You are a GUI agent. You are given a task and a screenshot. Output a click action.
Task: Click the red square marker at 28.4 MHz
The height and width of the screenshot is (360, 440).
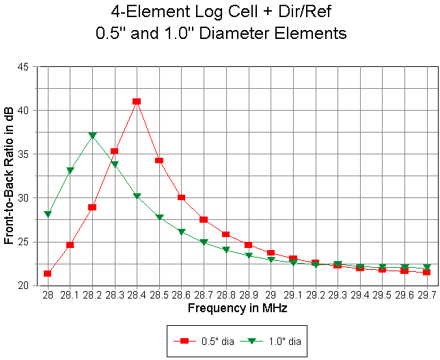tap(137, 101)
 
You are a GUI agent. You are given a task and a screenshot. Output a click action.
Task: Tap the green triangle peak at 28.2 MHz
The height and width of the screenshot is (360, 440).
tap(92, 136)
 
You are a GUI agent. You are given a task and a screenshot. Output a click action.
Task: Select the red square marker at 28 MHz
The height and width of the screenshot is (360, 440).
tap(47, 273)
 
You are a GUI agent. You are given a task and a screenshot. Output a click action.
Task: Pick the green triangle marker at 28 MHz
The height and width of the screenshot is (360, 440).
tap(47, 214)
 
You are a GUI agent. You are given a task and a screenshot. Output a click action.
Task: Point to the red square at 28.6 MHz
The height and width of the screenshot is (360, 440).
tap(182, 197)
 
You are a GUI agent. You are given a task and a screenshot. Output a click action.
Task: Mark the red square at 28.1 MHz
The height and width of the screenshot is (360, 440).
tap(70, 245)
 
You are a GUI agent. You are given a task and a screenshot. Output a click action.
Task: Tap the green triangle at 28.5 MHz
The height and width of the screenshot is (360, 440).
tap(159, 217)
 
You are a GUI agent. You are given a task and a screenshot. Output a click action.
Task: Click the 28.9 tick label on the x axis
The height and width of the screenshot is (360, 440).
tap(249, 295)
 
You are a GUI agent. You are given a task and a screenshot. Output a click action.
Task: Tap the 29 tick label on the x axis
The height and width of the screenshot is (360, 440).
tap(271, 295)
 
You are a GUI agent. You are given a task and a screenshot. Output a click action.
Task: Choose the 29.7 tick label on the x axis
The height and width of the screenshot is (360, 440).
tap(427, 295)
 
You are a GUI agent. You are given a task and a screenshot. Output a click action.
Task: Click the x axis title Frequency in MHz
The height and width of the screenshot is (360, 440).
tap(237, 308)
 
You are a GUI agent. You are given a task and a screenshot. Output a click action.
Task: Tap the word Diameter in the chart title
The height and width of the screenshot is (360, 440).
tap(256, 32)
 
